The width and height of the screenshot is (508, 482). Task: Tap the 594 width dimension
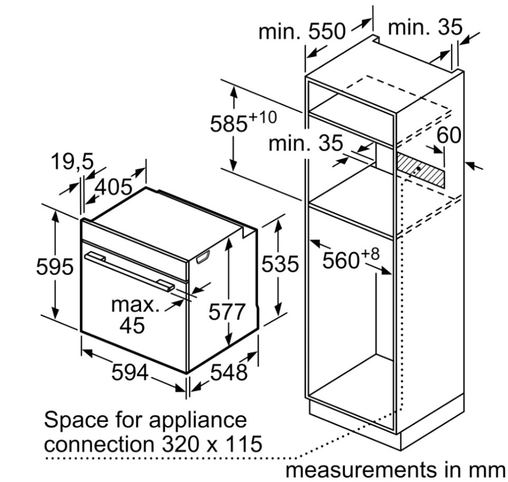click(130, 373)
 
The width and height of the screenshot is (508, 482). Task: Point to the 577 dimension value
click(227, 312)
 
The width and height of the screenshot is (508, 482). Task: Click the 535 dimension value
click(280, 263)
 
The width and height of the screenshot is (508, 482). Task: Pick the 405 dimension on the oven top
click(114, 187)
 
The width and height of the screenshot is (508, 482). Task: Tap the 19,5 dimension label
click(72, 162)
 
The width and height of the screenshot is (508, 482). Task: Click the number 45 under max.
click(132, 325)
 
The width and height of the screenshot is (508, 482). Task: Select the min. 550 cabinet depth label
click(302, 32)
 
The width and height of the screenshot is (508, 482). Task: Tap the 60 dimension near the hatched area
click(449, 135)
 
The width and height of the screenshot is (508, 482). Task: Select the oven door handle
click(129, 269)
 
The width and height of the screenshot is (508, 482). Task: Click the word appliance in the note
click(197, 420)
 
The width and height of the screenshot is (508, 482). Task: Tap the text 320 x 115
click(212, 444)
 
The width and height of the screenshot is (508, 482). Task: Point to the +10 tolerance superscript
click(263, 117)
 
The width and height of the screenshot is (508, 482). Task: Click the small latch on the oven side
click(203, 257)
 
